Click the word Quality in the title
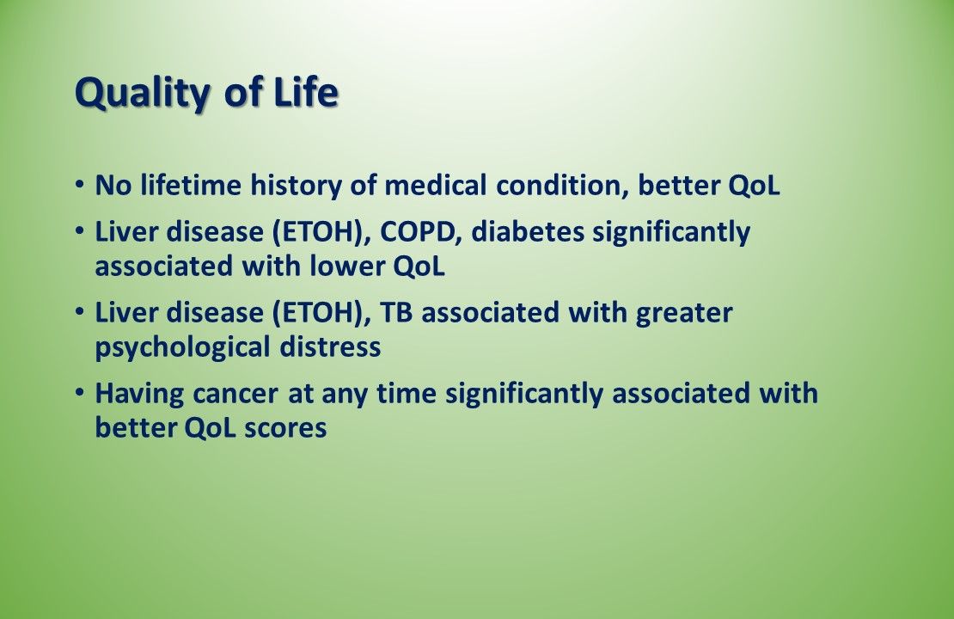click(x=142, y=93)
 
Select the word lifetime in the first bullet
click(x=191, y=185)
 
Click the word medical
click(x=436, y=185)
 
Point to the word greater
click(x=684, y=314)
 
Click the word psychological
click(x=182, y=348)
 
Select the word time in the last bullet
click(x=407, y=393)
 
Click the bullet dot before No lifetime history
click(x=80, y=183)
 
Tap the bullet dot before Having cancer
click(x=80, y=391)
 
